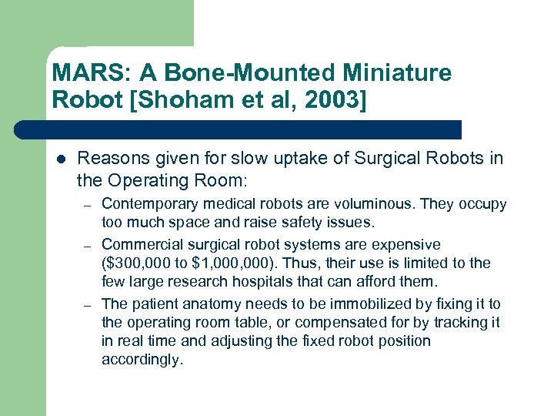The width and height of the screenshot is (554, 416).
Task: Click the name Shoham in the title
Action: pyautogui.click(x=199, y=100)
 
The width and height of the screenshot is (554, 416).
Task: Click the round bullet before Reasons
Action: pyautogui.click(x=60, y=159)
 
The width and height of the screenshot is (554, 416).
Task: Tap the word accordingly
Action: pyautogui.click(x=142, y=360)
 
